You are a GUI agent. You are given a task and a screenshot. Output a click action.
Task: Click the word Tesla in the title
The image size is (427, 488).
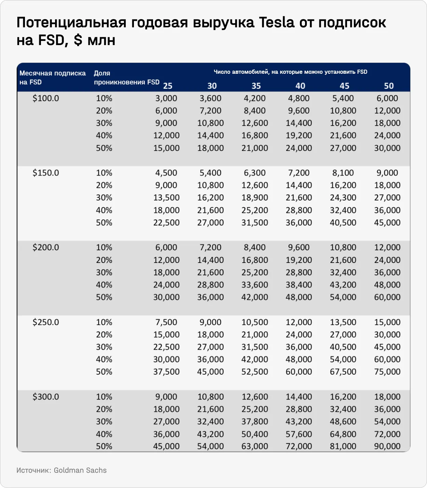(276, 23)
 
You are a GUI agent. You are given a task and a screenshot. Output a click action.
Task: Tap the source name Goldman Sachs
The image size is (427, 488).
(80, 470)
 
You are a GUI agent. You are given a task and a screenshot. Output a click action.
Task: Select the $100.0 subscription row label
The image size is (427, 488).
(46, 98)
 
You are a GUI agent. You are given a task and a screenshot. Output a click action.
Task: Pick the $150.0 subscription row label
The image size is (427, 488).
(46, 173)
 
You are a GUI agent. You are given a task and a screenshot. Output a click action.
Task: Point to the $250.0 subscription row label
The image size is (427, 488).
(46, 322)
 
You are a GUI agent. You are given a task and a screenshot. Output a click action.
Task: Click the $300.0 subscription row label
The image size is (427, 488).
(46, 397)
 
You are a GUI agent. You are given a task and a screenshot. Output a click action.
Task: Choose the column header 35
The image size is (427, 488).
(256, 86)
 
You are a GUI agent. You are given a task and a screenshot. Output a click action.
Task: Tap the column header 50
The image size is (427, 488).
(389, 86)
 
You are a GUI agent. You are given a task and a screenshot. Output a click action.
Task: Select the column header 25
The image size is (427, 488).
(167, 86)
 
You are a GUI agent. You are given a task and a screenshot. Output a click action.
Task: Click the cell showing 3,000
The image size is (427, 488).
(166, 98)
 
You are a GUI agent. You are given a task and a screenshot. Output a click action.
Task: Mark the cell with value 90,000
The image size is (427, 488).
(387, 446)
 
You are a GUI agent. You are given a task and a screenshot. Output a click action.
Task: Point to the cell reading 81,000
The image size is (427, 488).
(343, 446)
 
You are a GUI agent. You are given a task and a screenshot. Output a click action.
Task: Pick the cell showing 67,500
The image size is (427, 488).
(343, 372)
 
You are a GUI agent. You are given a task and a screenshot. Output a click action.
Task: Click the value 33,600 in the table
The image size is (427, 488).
(255, 285)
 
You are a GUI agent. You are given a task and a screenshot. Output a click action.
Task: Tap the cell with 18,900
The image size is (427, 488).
(255, 198)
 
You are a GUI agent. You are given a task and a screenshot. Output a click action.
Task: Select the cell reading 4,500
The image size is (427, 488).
(166, 173)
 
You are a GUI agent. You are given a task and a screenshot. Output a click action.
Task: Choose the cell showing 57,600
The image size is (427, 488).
(299, 434)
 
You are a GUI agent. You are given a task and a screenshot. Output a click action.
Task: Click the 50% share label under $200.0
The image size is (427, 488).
(104, 297)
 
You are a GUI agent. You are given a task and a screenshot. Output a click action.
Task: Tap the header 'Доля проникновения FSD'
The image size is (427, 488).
(126, 78)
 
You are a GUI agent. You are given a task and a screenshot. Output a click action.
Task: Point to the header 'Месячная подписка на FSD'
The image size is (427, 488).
(52, 78)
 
